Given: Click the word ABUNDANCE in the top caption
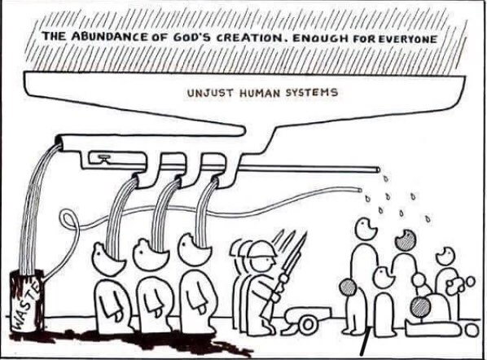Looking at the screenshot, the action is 109,37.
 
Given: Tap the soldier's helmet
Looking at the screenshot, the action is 262,248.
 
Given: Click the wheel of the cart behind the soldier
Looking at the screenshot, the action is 308,325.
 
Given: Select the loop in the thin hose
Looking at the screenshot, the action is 68,220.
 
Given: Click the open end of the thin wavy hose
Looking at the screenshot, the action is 360,189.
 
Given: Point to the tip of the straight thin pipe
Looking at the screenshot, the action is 377,169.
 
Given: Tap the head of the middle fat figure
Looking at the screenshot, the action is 151,255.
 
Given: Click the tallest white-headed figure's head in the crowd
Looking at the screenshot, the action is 366,229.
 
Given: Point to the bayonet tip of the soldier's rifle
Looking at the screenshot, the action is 306,233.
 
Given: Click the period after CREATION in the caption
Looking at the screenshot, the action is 285,42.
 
